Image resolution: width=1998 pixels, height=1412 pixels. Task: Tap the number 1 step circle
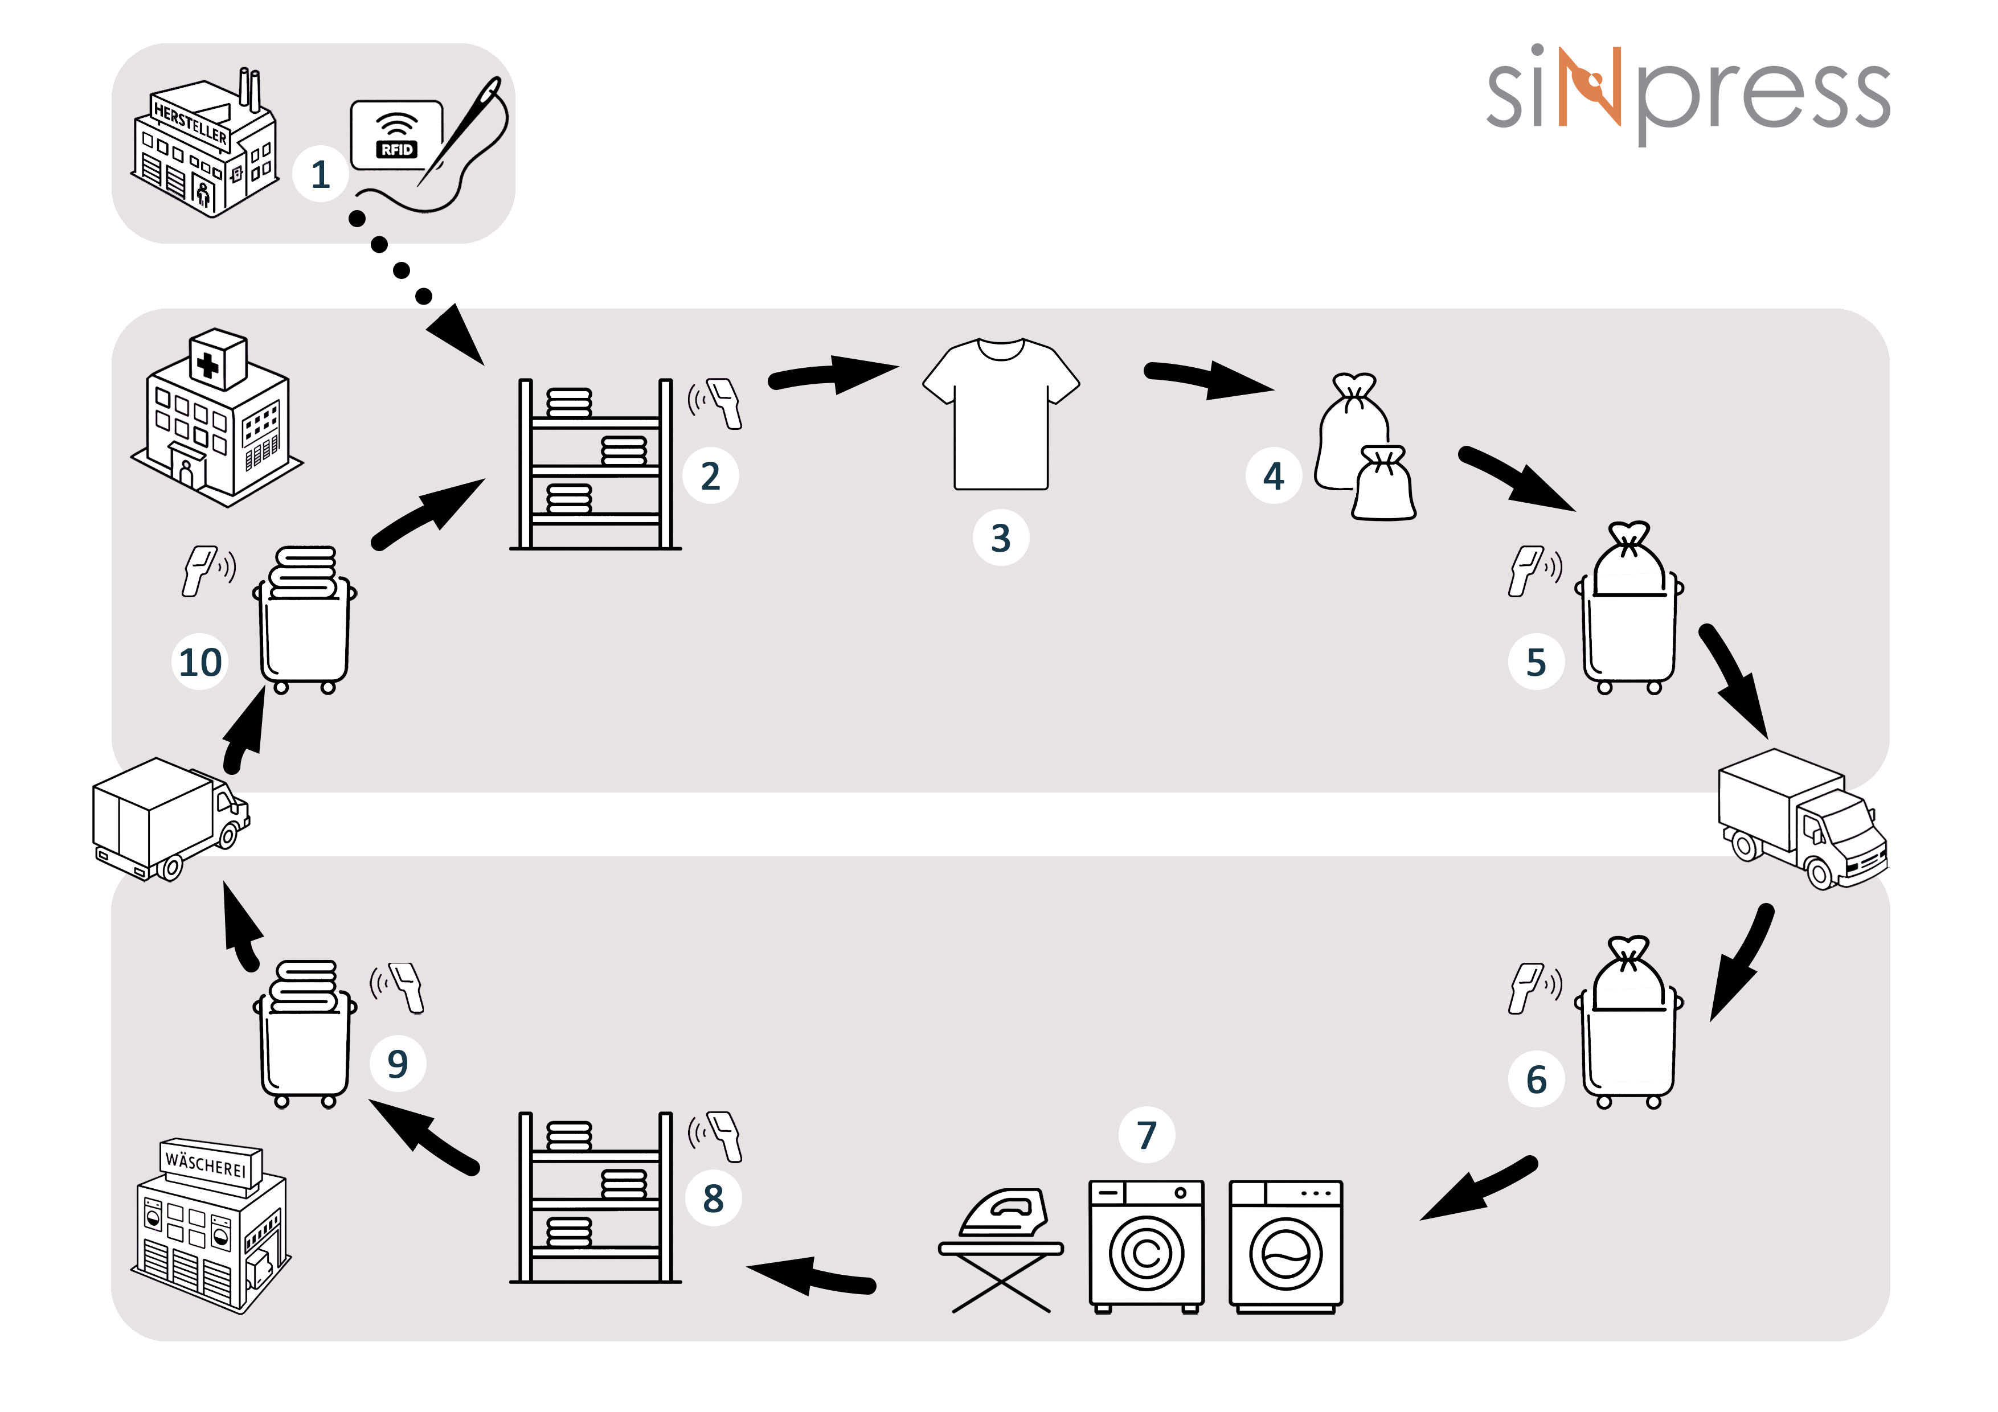click(320, 175)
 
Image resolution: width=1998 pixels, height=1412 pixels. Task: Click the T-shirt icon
click(1001, 414)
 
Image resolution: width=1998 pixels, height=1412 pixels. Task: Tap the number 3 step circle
click(1001, 537)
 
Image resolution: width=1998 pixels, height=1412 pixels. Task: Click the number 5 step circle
click(1536, 662)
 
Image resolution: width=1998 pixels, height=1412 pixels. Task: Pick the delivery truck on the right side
click(1802, 818)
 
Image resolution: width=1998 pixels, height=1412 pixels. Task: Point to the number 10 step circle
click(200, 662)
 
